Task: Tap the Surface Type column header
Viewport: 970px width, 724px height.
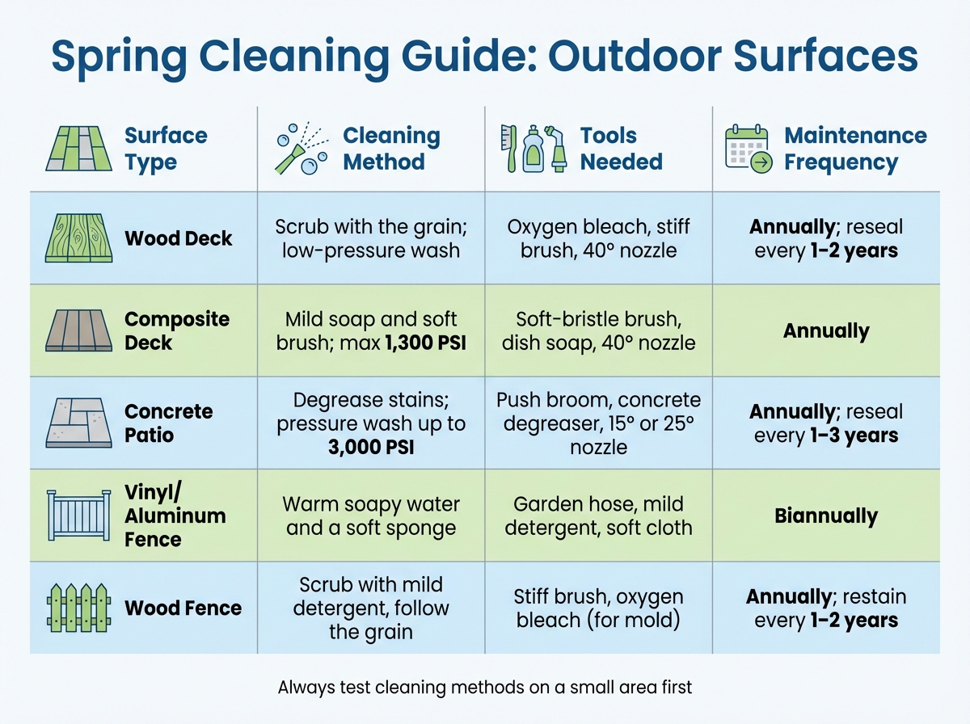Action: click(166, 149)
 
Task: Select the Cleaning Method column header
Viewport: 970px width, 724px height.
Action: click(391, 149)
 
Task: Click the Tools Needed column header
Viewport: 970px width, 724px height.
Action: click(621, 149)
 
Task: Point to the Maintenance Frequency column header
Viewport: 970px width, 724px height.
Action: click(855, 149)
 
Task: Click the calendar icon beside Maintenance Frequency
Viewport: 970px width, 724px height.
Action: click(748, 149)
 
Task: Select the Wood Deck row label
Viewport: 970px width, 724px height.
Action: click(179, 238)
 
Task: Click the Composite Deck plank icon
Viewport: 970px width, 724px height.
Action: click(78, 330)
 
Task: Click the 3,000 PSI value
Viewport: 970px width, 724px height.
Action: click(371, 446)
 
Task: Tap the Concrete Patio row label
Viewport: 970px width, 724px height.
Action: click(168, 423)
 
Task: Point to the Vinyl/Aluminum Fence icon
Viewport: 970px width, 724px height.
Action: click(78, 516)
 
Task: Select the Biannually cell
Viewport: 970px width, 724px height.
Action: click(826, 516)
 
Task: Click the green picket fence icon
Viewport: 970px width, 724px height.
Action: click(78, 608)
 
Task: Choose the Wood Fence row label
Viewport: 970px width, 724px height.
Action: click(183, 608)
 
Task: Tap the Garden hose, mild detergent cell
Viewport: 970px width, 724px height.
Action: click(598, 516)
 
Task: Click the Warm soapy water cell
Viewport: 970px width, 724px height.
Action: click(371, 516)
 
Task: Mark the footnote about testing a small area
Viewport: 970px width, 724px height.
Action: click(485, 688)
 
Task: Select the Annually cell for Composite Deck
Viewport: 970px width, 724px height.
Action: click(826, 330)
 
